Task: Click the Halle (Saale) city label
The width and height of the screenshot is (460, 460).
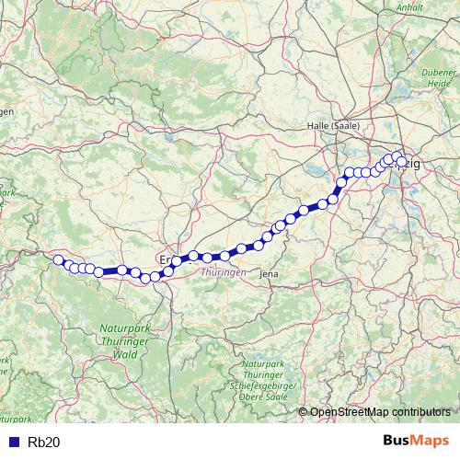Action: [332, 126]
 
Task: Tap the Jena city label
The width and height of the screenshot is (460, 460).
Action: [270, 274]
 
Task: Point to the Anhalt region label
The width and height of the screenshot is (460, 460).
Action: [407, 7]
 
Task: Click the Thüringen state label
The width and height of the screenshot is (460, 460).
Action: [224, 273]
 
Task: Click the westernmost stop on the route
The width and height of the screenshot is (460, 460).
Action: [58, 259]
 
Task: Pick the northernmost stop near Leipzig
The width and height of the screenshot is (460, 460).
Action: [397, 156]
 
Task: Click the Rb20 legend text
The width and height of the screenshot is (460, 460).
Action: [44, 442]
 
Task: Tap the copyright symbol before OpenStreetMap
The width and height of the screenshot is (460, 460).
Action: [304, 412]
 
